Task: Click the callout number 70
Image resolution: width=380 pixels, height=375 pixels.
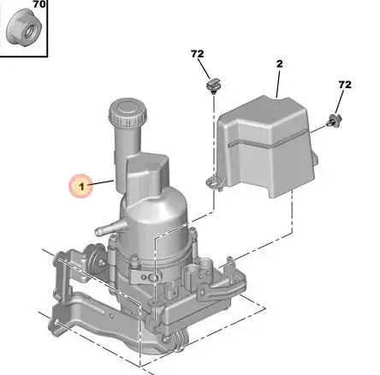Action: point(39,4)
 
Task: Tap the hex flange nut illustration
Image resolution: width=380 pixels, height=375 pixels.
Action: point(24,29)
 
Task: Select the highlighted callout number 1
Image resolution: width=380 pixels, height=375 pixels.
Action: point(81,187)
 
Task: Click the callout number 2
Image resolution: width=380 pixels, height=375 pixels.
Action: point(280,63)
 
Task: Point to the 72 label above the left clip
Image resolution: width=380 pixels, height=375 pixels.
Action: point(198,54)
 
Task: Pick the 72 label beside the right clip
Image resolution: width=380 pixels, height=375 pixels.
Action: point(345,85)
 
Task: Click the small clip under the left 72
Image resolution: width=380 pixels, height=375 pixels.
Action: point(213,86)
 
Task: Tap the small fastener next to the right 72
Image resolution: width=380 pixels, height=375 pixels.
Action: point(335,120)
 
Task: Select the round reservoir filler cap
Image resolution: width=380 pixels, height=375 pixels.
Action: point(128,113)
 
